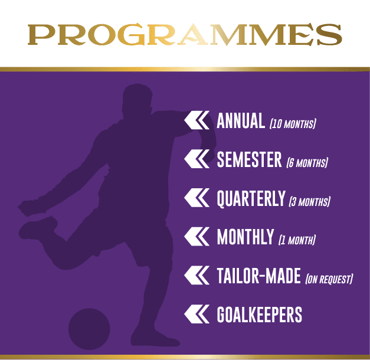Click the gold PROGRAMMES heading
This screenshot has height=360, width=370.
click(x=185, y=34)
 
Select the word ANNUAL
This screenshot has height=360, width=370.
click(x=241, y=120)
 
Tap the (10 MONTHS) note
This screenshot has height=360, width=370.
click(x=293, y=124)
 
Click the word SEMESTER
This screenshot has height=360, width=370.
click(x=249, y=159)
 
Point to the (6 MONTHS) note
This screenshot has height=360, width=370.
click(x=307, y=163)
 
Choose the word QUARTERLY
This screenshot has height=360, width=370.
click(x=251, y=199)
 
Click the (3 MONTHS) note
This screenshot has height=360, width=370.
click(x=310, y=202)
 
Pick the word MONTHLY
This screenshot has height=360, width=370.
click(x=245, y=237)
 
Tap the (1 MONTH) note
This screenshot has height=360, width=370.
click(x=297, y=240)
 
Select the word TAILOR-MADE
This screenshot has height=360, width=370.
click(x=258, y=276)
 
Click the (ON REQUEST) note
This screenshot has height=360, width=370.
click(x=329, y=279)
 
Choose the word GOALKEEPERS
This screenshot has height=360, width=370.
click(x=259, y=315)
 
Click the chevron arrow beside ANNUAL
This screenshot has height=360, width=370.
click(x=197, y=120)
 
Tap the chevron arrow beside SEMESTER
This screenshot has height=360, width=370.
click(x=197, y=159)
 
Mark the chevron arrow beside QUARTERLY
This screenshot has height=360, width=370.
click(x=197, y=198)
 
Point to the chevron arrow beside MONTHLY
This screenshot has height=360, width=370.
click(x=197, y=237)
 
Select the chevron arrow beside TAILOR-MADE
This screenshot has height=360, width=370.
click(x=197, y=275)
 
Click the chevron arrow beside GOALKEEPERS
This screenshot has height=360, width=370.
click(x=197, y=314)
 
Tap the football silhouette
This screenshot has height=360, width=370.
click(x=89, y=329)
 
